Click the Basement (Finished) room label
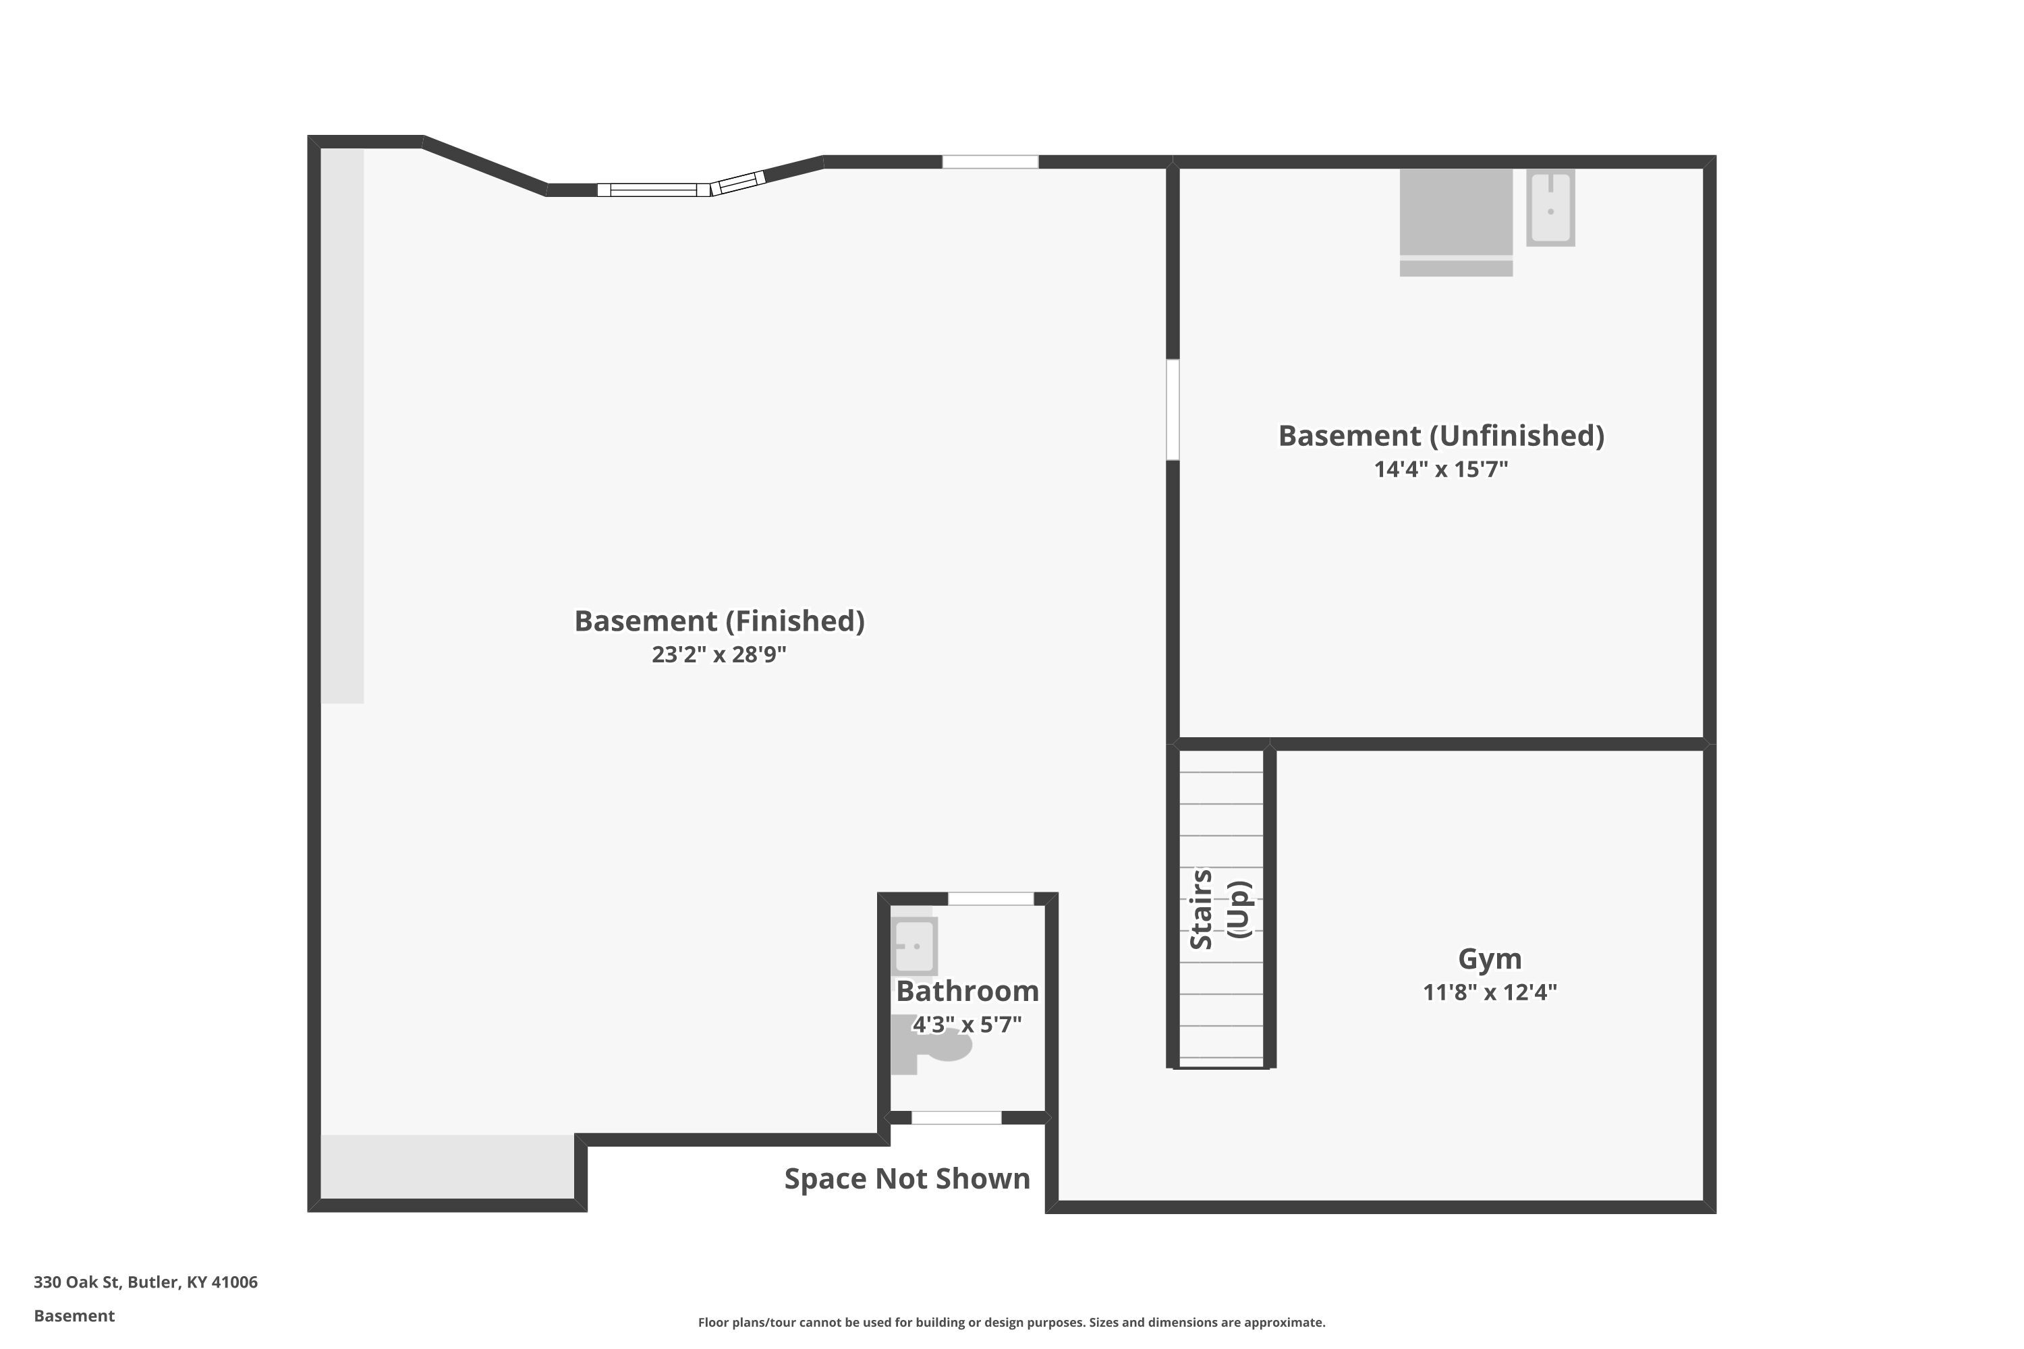(719, 621)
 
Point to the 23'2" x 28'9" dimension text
(719, 655)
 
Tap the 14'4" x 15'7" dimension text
(1441, 469)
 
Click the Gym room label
(1490, 958)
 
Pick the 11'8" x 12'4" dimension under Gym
(1490, 992)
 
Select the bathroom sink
(914, 946)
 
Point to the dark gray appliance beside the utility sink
(1456, 223)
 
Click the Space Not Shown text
(907, 1178)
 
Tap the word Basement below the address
(74, 1315)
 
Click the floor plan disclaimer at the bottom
(1011, 1322)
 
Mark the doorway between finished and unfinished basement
(1172, 409)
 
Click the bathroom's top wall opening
(990, 899)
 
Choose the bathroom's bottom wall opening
(956, 1118)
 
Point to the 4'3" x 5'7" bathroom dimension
(967, 1025)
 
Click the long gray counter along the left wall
(343, 426)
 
